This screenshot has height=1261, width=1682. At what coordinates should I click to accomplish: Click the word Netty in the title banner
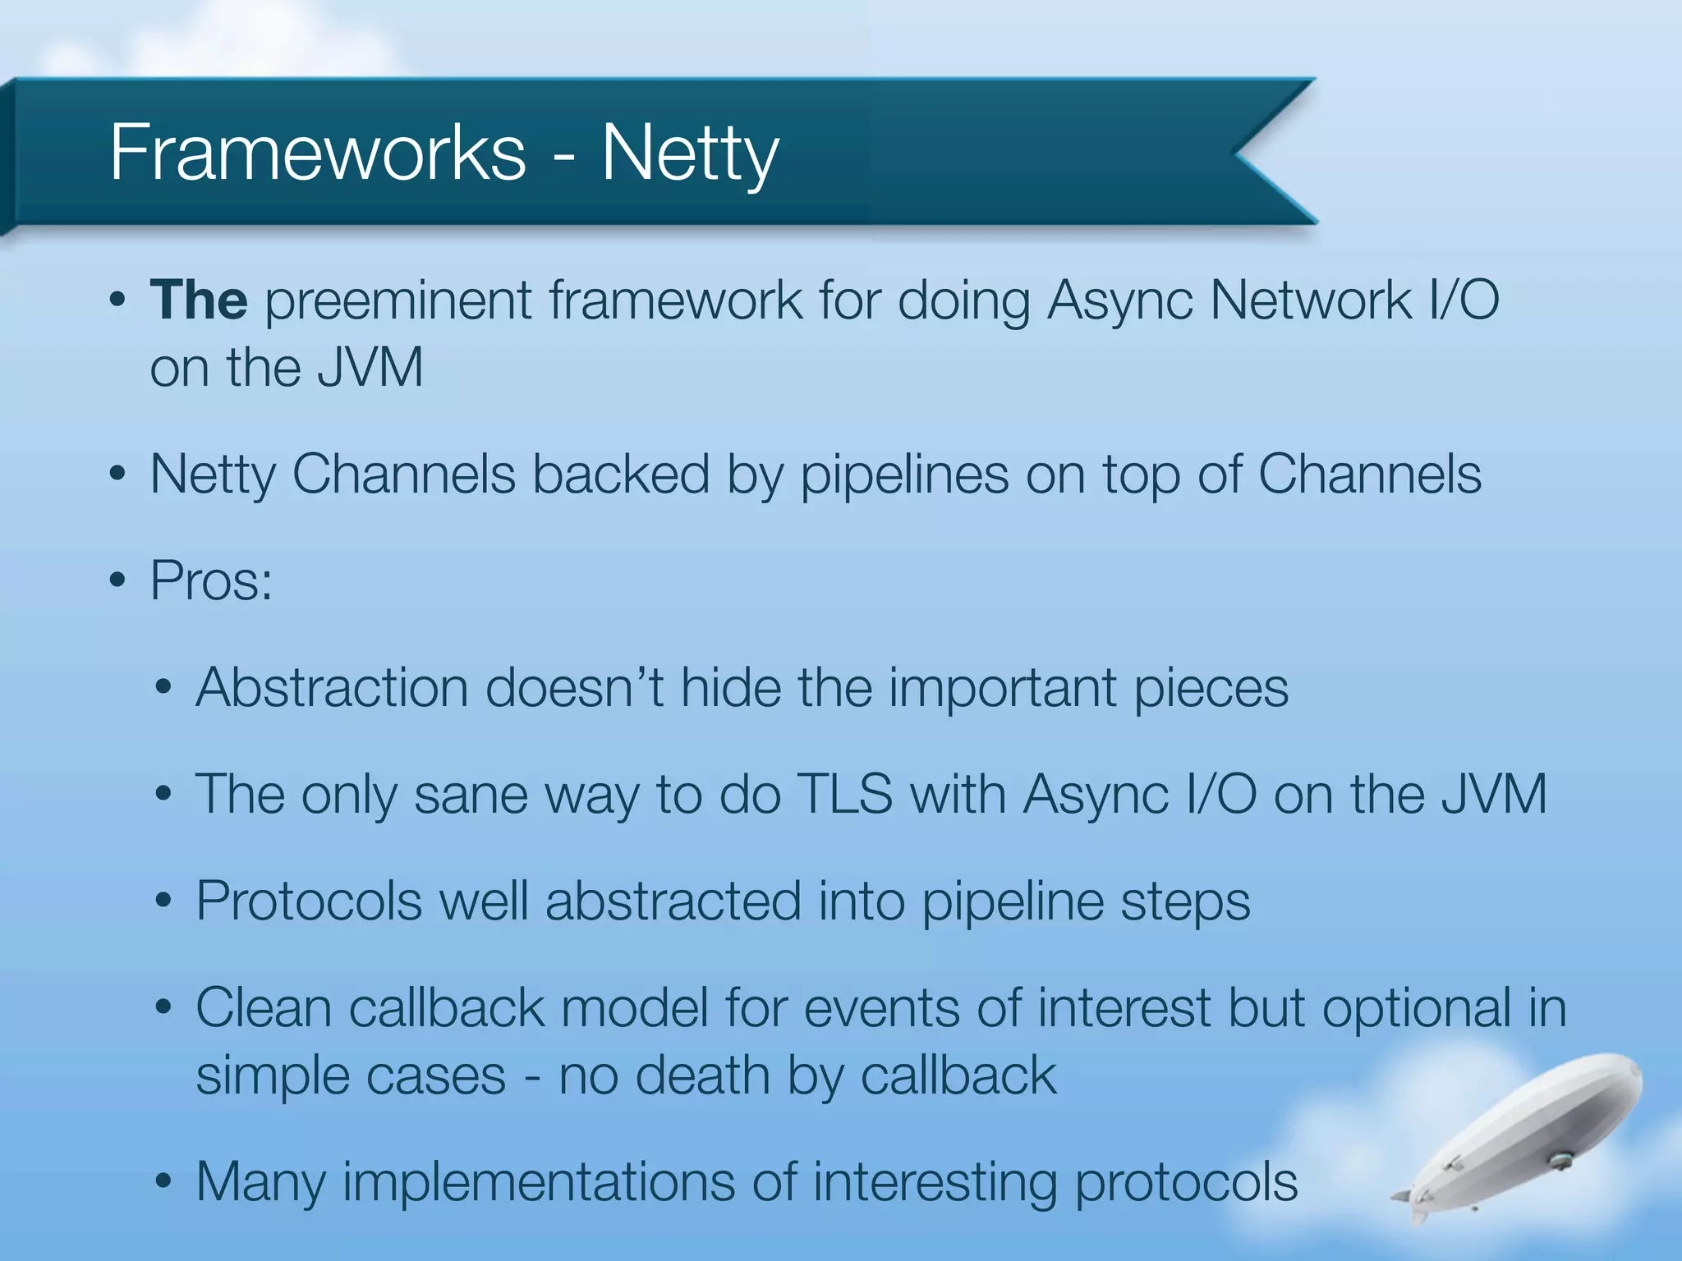690,154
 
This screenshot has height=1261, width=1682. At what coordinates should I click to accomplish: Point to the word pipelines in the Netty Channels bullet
903,476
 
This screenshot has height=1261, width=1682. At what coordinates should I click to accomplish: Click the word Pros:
211,581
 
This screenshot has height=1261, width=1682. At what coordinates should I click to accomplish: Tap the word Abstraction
331,687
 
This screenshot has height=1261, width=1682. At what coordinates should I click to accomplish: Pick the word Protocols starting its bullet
308,901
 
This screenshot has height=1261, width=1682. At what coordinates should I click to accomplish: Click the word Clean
263,1008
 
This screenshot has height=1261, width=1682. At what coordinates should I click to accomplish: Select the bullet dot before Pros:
117,581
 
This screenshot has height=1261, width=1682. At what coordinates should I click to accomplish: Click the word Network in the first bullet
1310,300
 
